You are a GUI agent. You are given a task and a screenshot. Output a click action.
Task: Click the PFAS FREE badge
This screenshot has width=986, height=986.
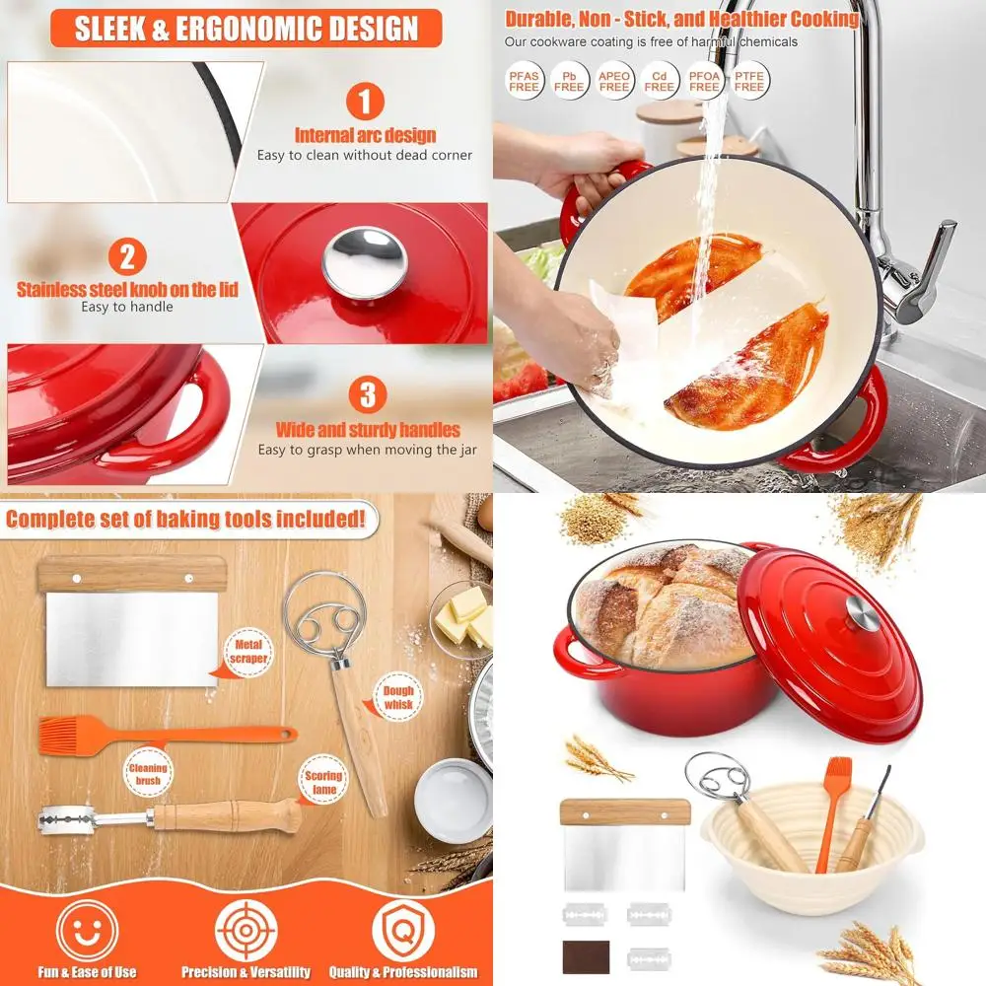(x=525, y=80)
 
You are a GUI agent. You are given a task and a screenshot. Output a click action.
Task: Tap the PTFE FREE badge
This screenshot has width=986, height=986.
(x=749, y=80)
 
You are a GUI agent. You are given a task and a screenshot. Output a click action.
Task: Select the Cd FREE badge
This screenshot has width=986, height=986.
(x=660, y=80)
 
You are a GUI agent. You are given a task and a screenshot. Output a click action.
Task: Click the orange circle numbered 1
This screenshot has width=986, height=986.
(x=365, y=103)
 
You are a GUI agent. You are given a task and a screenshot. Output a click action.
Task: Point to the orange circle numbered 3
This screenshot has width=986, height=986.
(x=366, y=395)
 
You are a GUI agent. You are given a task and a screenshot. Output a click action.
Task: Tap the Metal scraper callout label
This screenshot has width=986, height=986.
(x=248, y=651)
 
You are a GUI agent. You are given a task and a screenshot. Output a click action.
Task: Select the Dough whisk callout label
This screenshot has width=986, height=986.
(x=397, y=698)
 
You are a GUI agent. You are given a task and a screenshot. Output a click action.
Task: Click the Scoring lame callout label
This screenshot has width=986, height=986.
(x=322, y=783)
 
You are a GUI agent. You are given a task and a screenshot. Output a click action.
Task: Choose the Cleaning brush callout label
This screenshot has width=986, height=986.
(x=147, y=775)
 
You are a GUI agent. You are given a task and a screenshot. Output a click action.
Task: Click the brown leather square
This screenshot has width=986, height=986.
(x=586, y=955)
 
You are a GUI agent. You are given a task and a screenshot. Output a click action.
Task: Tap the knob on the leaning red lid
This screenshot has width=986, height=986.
(x=864, y=616)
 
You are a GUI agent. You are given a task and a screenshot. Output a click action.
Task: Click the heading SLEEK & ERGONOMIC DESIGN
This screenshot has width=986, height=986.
(x=246, y=28)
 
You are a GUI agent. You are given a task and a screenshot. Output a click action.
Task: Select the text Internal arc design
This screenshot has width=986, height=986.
(x=365, y=135)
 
